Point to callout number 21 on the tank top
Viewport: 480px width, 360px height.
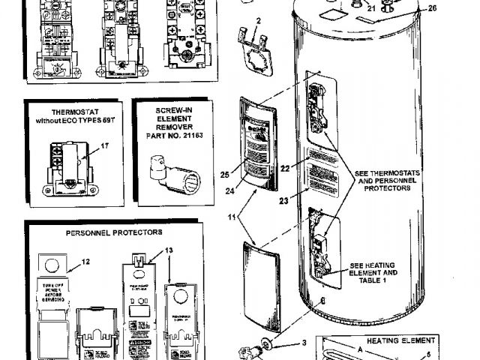[x=370, y=9]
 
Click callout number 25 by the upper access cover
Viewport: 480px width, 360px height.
[x=225, y=175]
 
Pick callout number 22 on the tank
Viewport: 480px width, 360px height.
[x=284, y=169]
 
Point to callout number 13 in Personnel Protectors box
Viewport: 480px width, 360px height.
[x=169, y=250]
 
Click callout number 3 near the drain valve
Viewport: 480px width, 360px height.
[x=304, y=343]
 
